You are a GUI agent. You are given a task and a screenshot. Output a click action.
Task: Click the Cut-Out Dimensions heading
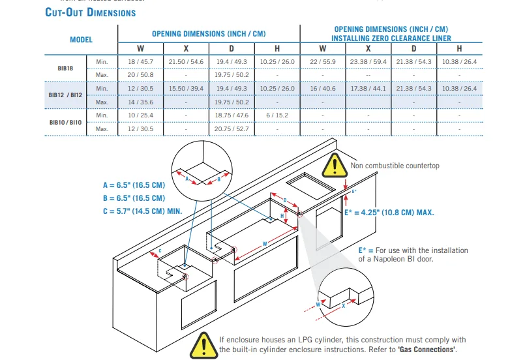(x=91, y=12)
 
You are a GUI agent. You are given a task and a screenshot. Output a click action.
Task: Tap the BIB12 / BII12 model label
(x=66, y=95)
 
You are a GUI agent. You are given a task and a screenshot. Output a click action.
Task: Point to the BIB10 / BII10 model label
(x=66, y=122)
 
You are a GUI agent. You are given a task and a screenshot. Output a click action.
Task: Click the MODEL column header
(x=81, y=40)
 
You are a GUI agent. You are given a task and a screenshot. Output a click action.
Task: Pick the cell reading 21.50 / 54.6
(x=186, y=61)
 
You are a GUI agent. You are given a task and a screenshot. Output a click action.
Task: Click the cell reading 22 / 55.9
(x=323, y=61)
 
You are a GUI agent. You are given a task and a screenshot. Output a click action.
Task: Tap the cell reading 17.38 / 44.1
(x=368, y=88)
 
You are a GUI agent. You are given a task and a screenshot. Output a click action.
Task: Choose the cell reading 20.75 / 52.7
(x=232, y=129)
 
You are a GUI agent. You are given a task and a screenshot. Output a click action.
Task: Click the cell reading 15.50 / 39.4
(x=186, y=88)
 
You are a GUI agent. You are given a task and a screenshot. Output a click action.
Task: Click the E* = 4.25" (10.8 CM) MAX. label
(x=389, y=213)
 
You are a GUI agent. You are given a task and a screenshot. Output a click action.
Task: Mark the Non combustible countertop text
(x=395, y=166)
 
